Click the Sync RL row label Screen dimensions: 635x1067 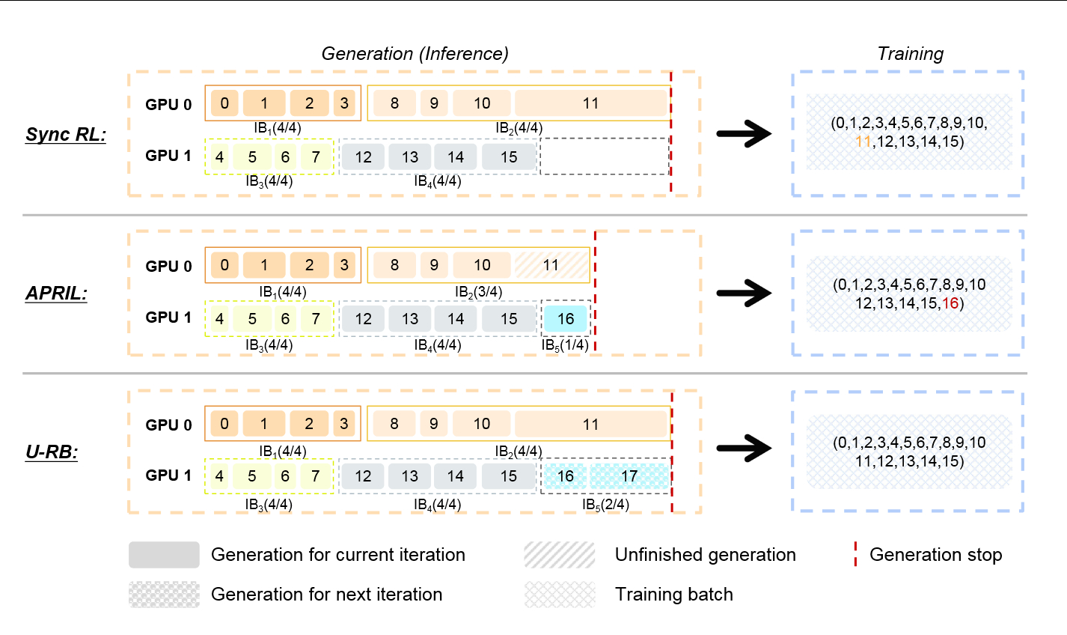66,135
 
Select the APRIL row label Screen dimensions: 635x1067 56,293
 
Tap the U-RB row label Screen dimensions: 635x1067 52,452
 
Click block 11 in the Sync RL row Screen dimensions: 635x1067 590,103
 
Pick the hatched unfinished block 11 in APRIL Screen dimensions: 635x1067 551,265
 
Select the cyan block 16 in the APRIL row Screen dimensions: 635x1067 566,319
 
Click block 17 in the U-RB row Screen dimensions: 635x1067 629,476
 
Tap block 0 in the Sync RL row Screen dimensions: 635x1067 224,103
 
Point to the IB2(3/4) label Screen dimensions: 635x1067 478,292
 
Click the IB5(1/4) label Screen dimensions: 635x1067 565,345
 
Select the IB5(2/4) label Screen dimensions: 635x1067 605,505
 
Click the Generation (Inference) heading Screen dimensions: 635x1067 415,54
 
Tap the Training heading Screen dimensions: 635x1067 910,54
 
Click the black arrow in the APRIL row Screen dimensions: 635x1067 744,293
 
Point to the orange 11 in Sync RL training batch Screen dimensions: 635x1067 863,142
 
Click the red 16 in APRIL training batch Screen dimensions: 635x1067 950,303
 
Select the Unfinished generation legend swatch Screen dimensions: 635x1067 560,555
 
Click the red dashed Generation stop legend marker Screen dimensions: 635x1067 855,555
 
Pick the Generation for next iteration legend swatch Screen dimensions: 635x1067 164,595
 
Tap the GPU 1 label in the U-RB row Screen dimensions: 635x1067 168,476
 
